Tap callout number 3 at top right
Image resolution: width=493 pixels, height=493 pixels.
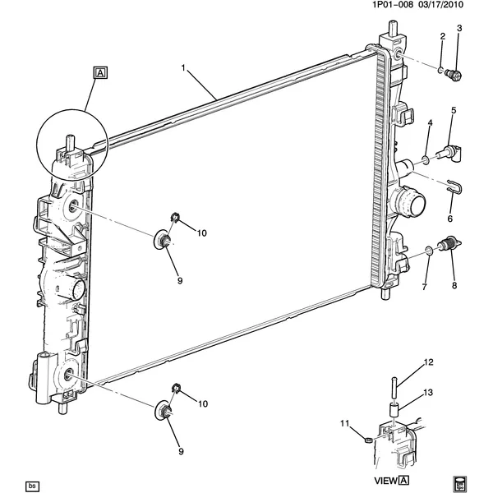point(459,30)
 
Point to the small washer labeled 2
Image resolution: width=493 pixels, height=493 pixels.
point(440,68)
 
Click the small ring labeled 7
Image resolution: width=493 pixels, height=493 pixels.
point(430,249)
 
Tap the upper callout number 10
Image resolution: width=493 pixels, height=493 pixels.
point(201,233)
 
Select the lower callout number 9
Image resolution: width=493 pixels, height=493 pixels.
point(180,451)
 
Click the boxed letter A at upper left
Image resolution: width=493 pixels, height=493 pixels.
point(99,73)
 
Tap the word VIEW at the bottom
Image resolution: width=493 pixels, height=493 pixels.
point(386,481)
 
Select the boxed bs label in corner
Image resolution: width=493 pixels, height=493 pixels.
point(33,485)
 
